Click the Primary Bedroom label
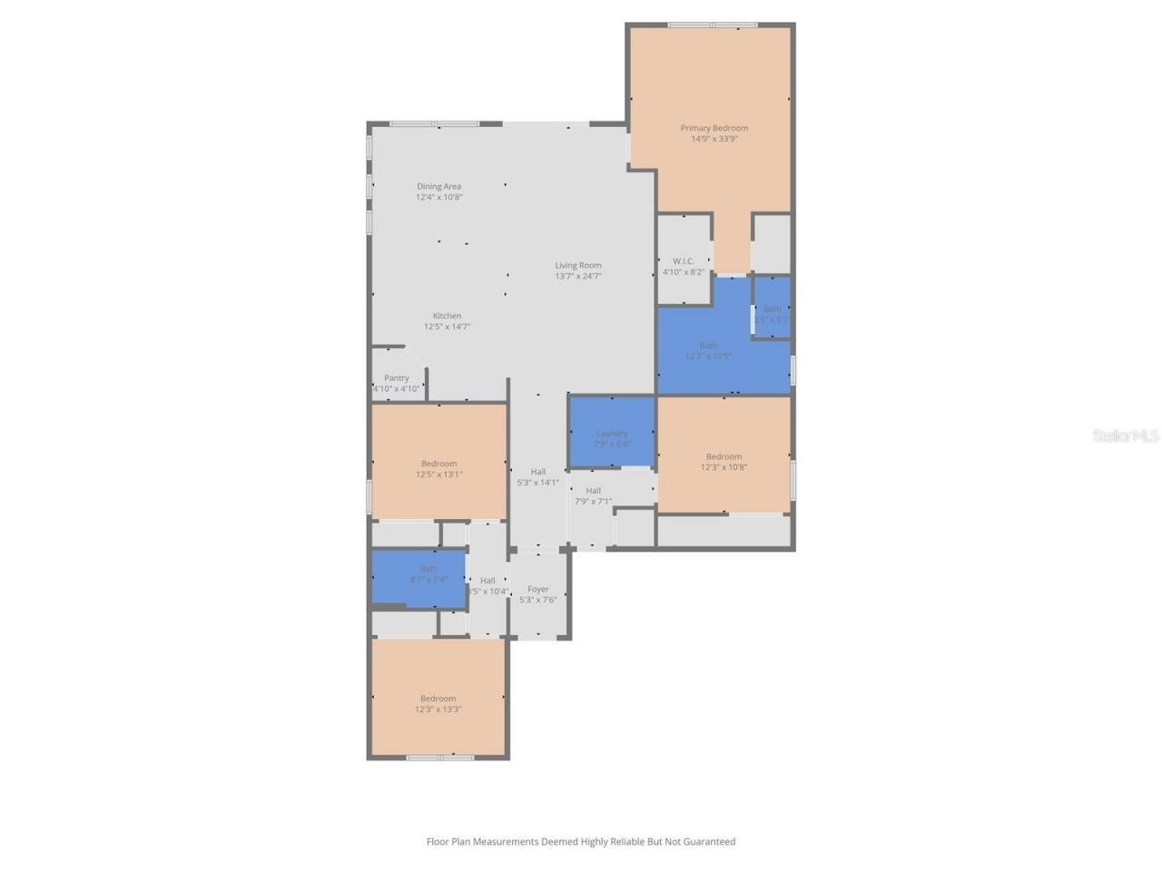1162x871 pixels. pyautogui.click(x=714, y=128)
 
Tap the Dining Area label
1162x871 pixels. pyautogui.click(x=438, y=187)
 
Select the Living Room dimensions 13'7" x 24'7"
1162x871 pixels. pyautogui.click(x=578, y=277)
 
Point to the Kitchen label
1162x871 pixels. pyautogui.click(x=447, y=316)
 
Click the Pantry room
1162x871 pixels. pyautogui.click(x=397, y=382)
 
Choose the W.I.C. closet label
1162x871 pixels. pyautogui.click(x=684, y=261)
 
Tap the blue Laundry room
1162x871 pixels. pyautogui.click(x=612, y=433)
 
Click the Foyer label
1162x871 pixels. pyautogui.click(x=538, y=590)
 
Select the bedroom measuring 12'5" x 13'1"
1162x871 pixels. pyautogui.click(x=439, y=468)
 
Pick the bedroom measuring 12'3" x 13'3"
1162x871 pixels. pyautogui.click(x=438, y=703)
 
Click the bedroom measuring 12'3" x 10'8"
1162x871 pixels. pyautogui.click(x=724, y=462)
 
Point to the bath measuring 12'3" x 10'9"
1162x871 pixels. pyautogui.click(x=708, y=351)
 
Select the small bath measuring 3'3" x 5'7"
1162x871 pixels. pyautogui.click(x=772, y=314)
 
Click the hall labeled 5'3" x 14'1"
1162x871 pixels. pyautogui.click(x=538, y=477)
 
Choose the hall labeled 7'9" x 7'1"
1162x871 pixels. pyautogui.click(x=593, y=495)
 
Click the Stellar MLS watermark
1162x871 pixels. pyautogui.click(x=1125, y=436)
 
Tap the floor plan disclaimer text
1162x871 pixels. pyautogui.click(x=581, y=842)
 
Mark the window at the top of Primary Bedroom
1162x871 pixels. pyautogui.click(x=713, y=25)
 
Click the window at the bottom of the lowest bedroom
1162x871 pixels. pyautogui.click(x=440, y=757)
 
